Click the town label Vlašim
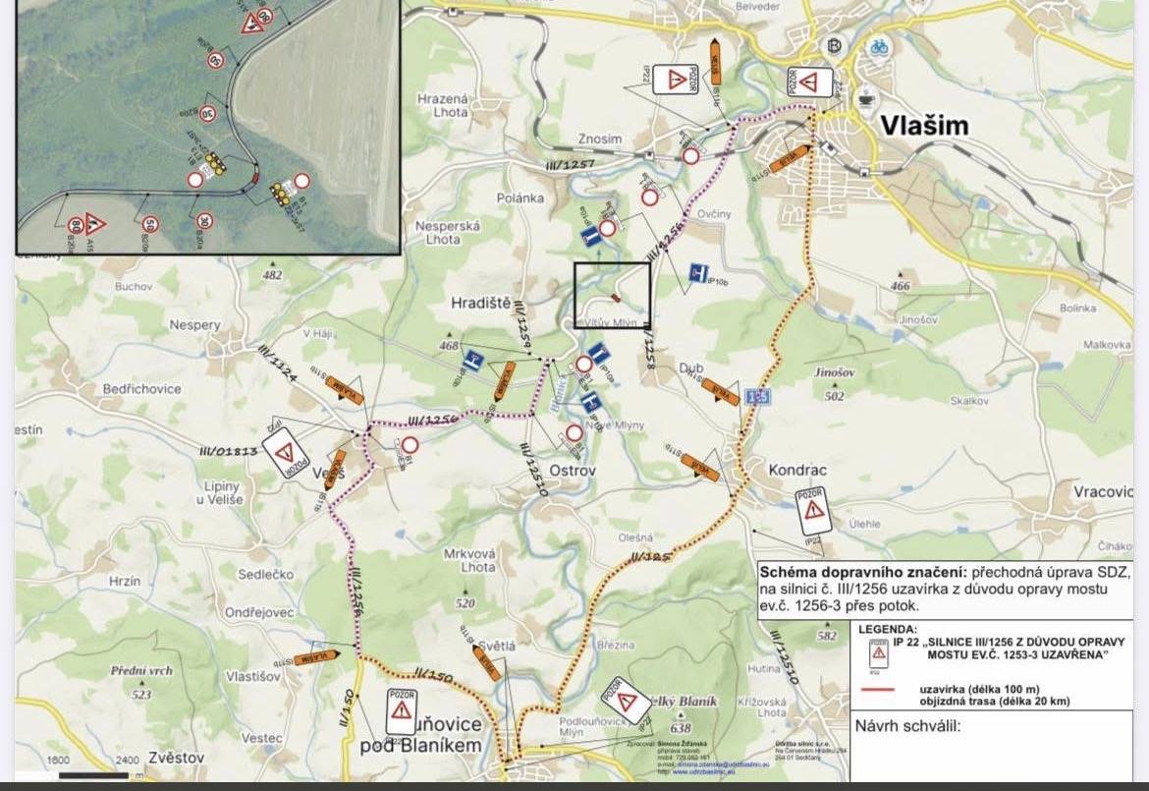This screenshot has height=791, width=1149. point(924,126)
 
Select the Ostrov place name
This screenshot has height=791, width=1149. point(569,471)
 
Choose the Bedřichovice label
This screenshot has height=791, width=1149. point(142,389)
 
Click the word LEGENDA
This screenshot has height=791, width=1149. point(889,629)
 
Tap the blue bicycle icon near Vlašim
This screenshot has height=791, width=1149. point(879,46)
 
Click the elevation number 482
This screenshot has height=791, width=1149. point(272,276)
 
